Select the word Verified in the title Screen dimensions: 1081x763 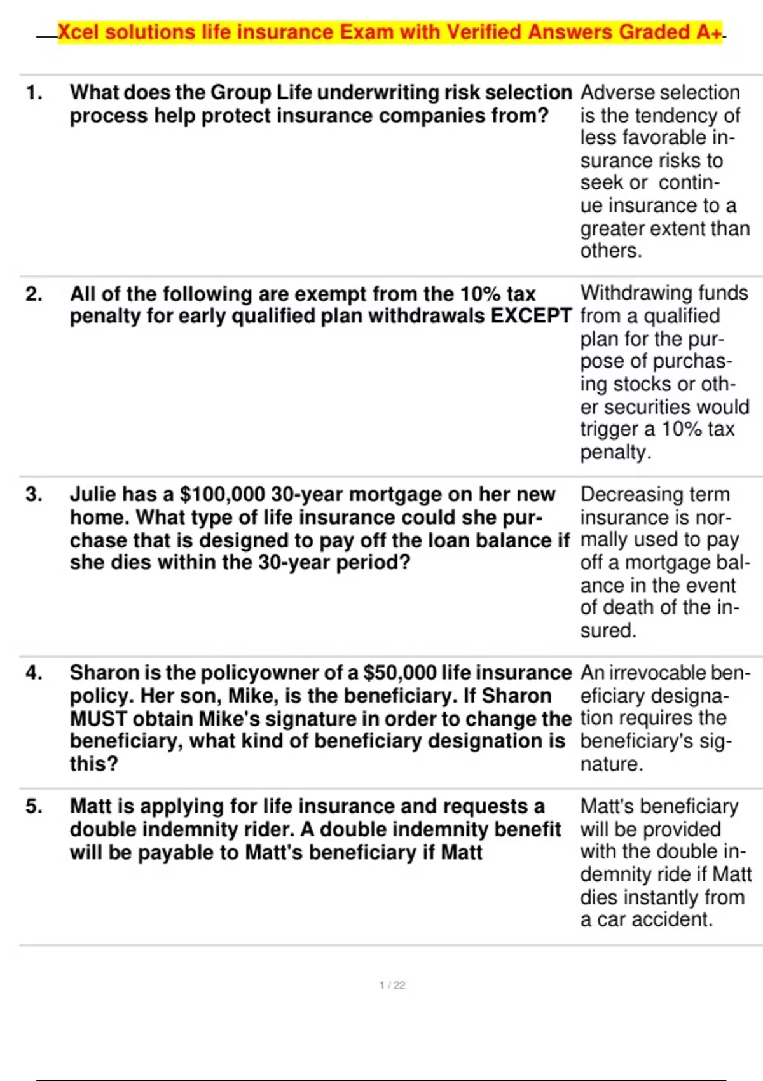(484, 32)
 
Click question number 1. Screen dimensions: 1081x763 (34, 93)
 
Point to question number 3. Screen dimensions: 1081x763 (34, 495)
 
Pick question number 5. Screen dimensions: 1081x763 (34, 806)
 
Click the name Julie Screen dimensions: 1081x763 (93, 495)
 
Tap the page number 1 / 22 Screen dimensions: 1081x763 (392, 985)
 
